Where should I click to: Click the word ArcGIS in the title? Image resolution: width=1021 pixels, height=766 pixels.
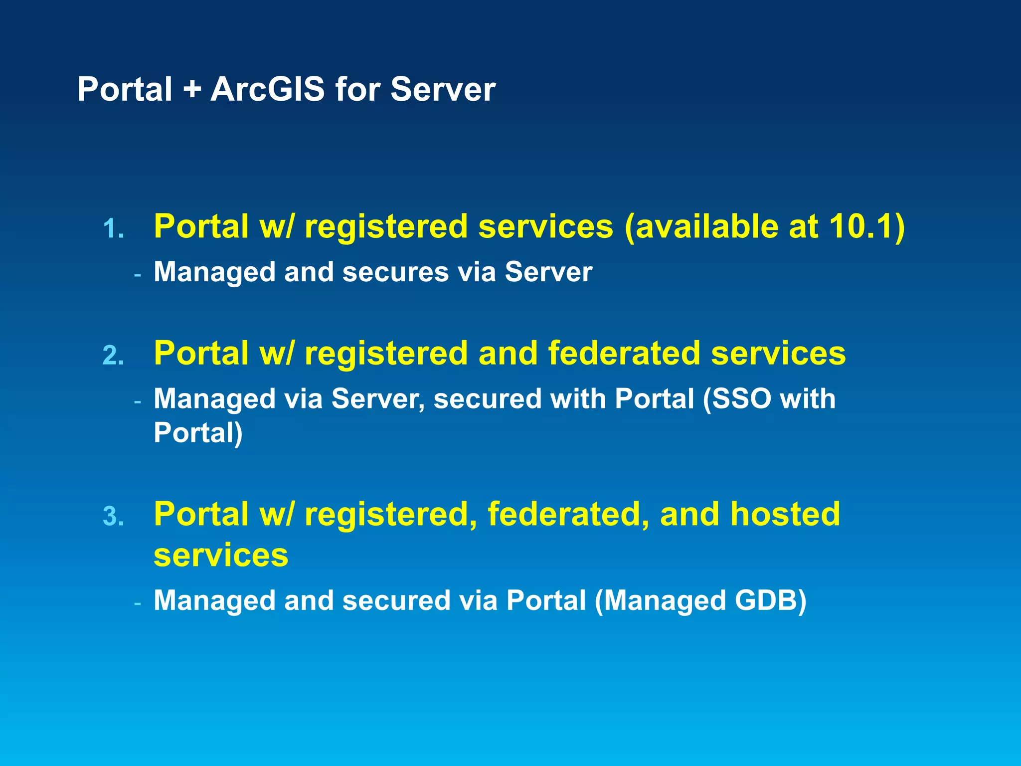coord(267,90)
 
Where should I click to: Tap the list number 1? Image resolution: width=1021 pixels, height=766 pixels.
coord(113,229)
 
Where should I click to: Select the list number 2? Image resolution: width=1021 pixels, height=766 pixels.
coord(113,356)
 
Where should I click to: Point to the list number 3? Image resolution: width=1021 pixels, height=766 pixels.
coord(113,517)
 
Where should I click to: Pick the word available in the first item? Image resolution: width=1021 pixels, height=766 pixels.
coord(705,227)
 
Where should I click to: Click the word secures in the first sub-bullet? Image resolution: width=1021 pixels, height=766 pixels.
coord(395,272)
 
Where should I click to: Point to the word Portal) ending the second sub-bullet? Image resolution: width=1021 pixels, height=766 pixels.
coord(198,433)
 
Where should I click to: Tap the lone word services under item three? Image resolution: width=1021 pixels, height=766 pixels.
coord(221,555)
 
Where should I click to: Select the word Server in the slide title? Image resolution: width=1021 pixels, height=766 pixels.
coord(443,90)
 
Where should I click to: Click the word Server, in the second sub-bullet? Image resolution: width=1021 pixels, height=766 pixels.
coord(378,399)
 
